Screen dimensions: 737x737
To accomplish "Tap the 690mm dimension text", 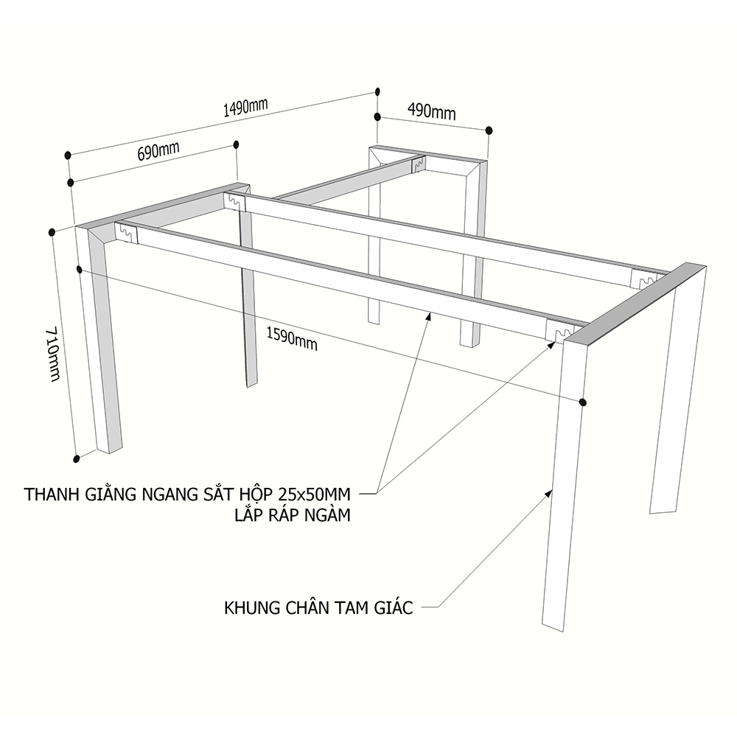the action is (158, 151).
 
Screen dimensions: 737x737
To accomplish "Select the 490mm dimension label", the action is (431, 112).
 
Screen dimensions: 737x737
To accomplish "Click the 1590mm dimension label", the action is (292, 339).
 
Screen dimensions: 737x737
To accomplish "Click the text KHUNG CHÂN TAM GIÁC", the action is (318, 608).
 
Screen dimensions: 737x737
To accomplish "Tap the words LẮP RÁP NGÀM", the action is (293, 516).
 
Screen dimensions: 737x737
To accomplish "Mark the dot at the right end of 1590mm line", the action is (583, 402).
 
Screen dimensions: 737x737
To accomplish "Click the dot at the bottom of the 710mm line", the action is (77, 458).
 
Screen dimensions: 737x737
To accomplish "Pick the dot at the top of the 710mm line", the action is (52, 232).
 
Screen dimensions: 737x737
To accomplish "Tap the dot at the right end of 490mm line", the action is (489, 130).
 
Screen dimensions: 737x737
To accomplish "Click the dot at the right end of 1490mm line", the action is (377, 91).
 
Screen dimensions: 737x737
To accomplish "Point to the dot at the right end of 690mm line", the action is (236, 144).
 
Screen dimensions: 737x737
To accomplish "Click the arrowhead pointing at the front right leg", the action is (549, 493).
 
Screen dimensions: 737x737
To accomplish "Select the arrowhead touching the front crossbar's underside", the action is (429, 315).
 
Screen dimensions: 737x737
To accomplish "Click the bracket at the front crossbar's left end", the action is (126, 232).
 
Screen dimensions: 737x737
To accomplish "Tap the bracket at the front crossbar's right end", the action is (559, 330).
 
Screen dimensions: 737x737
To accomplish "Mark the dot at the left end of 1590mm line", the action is (80, 270).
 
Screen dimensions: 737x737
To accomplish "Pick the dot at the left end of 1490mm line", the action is (68, 155).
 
